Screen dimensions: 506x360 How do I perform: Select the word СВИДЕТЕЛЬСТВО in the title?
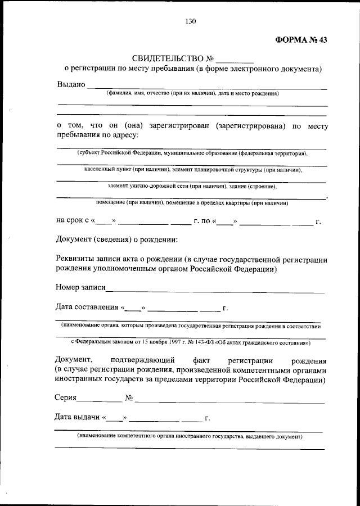(166, 58)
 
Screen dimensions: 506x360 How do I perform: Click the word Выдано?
(71, 84)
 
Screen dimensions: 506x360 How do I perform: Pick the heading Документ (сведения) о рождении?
(117, 240)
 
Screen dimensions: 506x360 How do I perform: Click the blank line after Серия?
(99, 401)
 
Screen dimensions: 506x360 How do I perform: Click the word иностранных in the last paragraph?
(80, 380)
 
